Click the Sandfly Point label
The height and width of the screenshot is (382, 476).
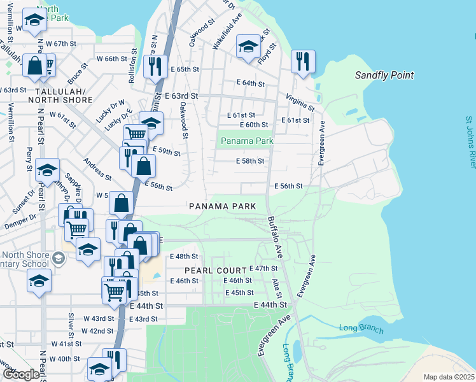384,75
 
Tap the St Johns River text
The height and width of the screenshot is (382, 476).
469,142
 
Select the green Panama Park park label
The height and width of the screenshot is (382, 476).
246,141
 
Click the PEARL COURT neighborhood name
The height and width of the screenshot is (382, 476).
215,271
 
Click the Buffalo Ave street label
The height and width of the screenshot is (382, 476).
276,236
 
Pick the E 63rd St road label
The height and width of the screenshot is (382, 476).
181,95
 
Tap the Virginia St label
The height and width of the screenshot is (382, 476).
297,101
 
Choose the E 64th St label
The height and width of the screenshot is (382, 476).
250,83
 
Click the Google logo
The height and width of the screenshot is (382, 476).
21,374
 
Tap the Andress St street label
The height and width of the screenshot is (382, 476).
97,169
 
